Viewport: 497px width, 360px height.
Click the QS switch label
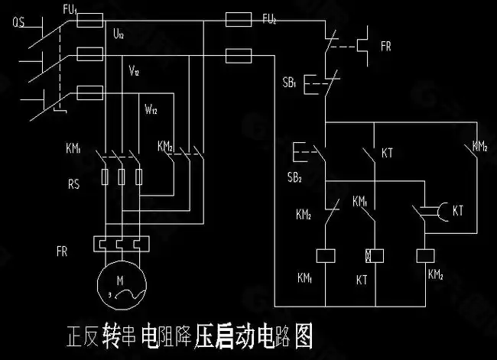[21, 22]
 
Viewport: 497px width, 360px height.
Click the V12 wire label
[134, 71]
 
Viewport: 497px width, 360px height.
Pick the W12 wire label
[151, 109]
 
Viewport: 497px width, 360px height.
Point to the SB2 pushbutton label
[294, 178]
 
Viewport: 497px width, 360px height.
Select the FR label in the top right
[385, 47]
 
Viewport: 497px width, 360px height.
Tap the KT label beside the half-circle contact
[458, 209]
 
